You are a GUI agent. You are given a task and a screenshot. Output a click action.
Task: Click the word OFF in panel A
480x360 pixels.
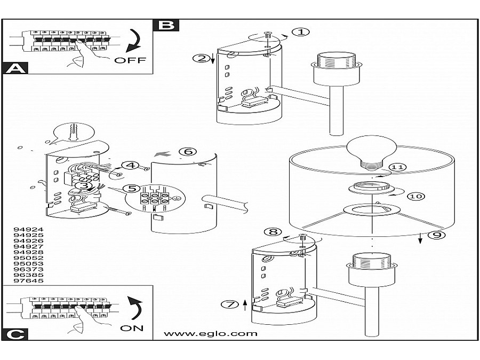pos(130,60)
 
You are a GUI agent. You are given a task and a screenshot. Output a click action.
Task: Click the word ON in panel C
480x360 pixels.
pos(132,329)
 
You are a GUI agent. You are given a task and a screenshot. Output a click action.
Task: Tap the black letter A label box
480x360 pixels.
pos(15,68)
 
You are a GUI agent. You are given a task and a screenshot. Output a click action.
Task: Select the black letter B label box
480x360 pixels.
pos(166,25)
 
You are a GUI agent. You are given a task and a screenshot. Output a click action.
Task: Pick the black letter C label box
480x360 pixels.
pos(15,334)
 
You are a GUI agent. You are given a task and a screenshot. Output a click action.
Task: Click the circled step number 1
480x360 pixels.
pos(301,32)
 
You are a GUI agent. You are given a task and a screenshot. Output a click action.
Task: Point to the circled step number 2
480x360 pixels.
pos(201,58)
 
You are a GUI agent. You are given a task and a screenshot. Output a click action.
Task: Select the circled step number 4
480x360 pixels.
pos(131,165)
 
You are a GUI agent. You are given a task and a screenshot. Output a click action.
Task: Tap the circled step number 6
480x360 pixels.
pos(187,151)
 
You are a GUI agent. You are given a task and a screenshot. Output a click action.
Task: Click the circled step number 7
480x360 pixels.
pos(229,305)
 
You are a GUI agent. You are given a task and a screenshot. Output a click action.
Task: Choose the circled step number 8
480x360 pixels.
pos(273,232)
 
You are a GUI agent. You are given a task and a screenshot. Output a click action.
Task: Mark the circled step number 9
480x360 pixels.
pos(436,235)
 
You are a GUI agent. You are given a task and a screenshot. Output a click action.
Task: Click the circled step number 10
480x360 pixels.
pos(415,196)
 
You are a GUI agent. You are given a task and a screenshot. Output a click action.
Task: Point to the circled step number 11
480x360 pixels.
pos(397,167)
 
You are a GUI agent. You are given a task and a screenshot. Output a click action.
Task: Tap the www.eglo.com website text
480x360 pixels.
pos(211,334)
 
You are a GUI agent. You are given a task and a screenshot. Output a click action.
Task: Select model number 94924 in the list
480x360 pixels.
pos(28,229)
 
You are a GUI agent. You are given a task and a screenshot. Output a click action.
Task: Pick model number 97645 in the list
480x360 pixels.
pos(28,281)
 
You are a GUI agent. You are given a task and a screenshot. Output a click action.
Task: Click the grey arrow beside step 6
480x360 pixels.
pos(163,154)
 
